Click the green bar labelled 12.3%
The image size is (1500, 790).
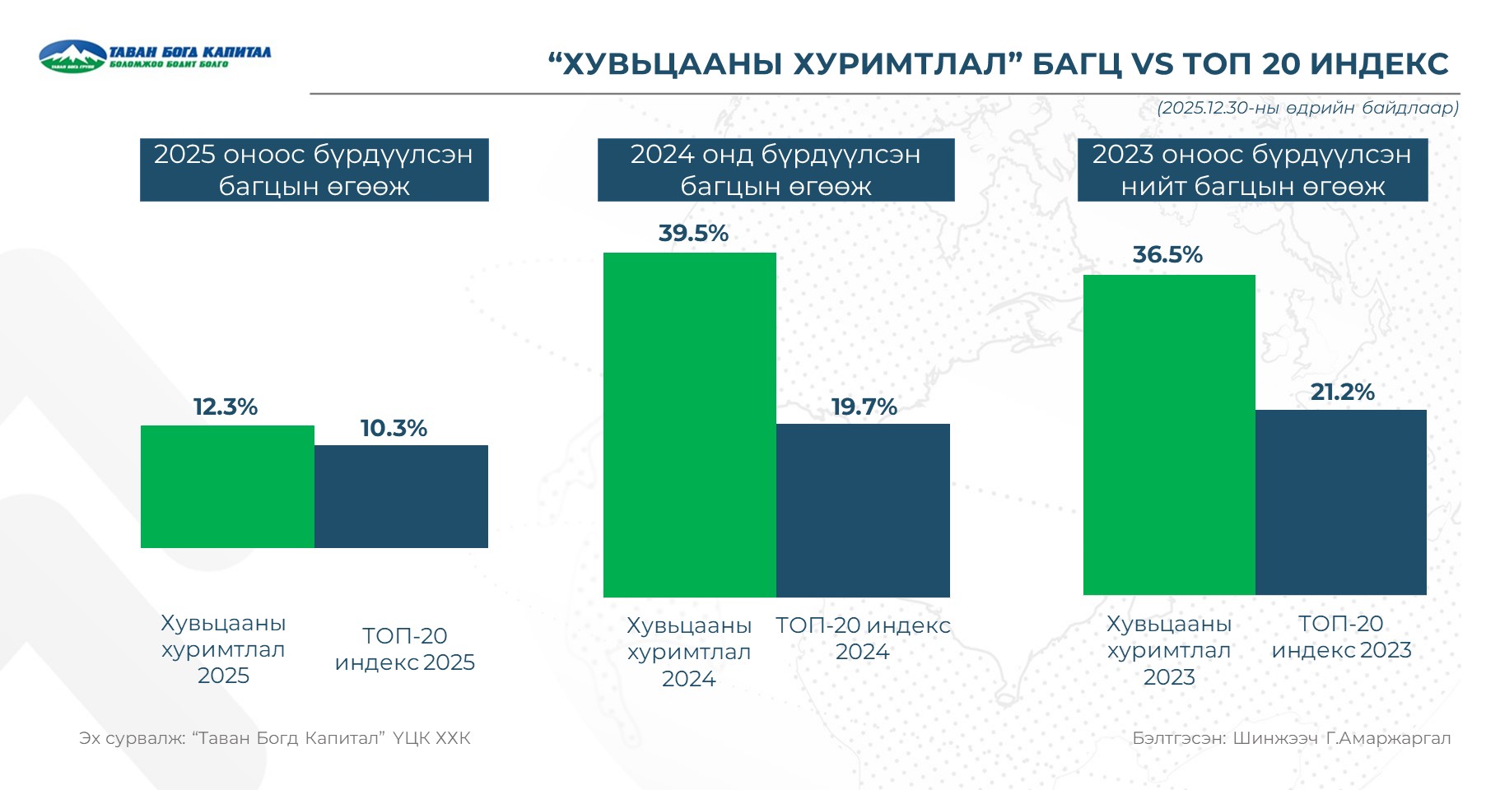coord(227,486)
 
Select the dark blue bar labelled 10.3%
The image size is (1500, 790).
coord(401,496)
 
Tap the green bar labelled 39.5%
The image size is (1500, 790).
coord(689,425)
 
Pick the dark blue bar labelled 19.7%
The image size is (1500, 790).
coord(863,510)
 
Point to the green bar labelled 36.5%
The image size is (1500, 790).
coord(1169,434)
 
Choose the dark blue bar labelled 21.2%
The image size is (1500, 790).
coord(1340,502)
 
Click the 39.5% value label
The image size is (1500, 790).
coord(693,234)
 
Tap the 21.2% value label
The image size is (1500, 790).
coord(1342,393)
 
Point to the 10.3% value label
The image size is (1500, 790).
coord(394,429)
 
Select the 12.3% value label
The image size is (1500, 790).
coord(226,407)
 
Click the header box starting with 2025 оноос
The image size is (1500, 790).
coord(314,170)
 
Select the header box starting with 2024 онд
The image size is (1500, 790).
coord(776,170)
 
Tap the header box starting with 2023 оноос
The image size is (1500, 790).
coord(1252,170)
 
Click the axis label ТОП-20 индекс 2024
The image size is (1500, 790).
coord(863,639)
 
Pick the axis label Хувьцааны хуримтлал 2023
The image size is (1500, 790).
coord(1169,650)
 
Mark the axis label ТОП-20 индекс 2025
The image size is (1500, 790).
coord(404,649)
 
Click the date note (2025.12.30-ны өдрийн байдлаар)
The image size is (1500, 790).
coord(1307,108)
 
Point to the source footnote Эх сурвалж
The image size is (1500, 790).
coord(275,738)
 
